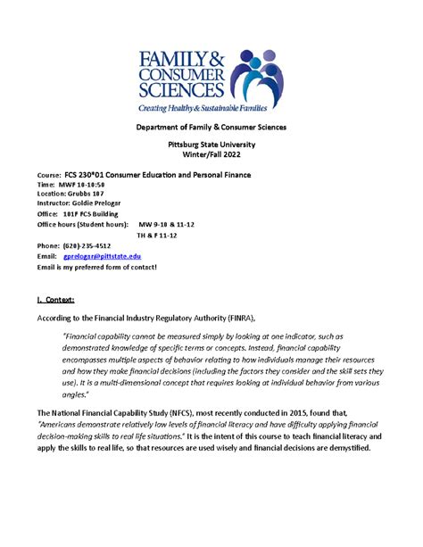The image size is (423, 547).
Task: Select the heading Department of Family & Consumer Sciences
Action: click(211, 128)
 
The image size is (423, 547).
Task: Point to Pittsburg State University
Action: click(211, 145)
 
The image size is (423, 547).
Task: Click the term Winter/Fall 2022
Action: click(211, 155)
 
